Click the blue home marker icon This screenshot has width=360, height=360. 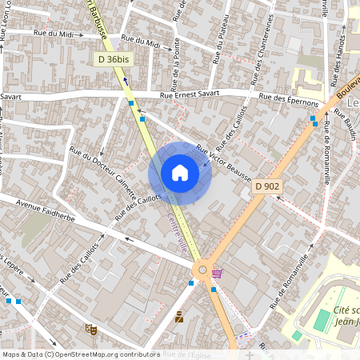pyautogui.click(x=180, y=173)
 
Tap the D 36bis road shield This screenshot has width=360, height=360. pyautogui.click(x=112, y=59)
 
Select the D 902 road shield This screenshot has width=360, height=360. pyautogui.click(x=267, y=186)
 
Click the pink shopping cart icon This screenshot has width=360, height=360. pyautogui.click(x=217, y=273)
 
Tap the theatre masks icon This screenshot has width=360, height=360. pyautogui.click(x=90, y=328)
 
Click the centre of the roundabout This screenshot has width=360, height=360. pyautogui.click(x=202, y=270)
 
